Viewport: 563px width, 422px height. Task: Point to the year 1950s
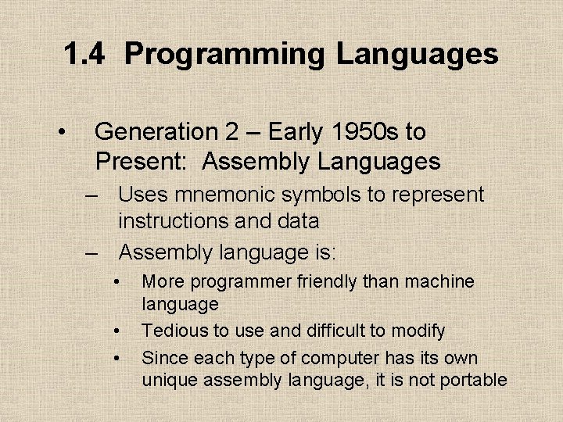[360, 133]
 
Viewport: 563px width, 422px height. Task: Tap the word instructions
[174, 221]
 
